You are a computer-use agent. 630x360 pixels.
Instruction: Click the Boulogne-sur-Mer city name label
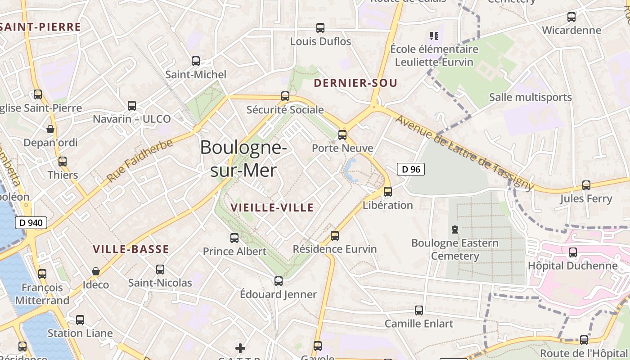tap(243, 159)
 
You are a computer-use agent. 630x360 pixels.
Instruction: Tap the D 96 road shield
tap(410, 169)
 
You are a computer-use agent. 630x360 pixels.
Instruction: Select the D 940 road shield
tap(31, 222)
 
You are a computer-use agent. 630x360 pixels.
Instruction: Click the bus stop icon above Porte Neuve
tap(342, 135)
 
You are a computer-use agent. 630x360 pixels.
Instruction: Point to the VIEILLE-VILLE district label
tap(272, 207)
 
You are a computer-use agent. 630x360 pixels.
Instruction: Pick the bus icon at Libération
tap(387, 192)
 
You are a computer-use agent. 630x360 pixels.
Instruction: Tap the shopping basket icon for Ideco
tap(95, 271)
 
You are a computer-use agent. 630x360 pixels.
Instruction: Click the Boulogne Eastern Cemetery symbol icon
tap(455, 230)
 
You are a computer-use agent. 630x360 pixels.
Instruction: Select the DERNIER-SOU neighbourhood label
tap(355, 83)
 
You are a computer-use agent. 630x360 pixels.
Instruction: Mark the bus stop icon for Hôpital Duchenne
tap(572, 252)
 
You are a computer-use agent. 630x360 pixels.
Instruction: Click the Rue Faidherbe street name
tap(139, 161)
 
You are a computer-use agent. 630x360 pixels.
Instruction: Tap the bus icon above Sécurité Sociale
tap(285, 96)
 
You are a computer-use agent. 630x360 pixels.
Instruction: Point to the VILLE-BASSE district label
tap(131, 249)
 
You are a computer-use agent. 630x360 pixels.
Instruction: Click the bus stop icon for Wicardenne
tap(571, 17)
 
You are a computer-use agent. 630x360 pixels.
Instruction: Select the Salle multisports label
tap(530, 97)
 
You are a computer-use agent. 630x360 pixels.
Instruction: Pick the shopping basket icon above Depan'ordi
tap(50, 130)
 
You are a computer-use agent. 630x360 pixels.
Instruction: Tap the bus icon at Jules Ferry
tap(586, 185)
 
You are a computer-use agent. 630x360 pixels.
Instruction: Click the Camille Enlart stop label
tap(418, 324)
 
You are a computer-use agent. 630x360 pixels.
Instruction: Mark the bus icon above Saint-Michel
tap(195, 61)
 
